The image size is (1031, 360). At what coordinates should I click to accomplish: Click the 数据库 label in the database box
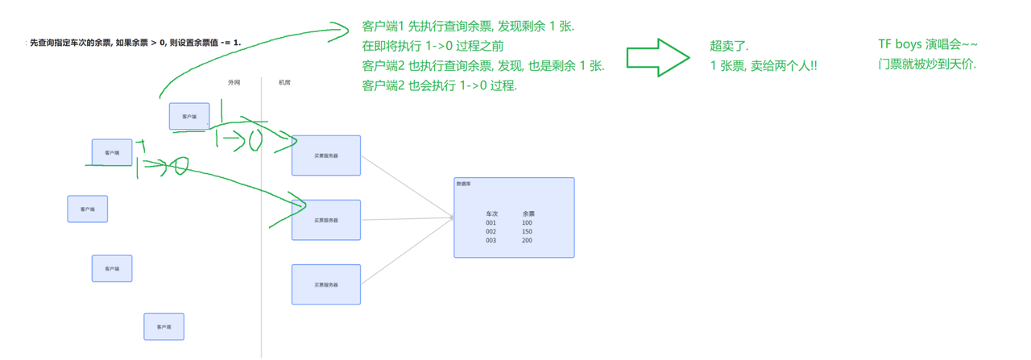coord(464,184)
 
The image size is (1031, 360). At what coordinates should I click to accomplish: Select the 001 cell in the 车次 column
coord(491,223)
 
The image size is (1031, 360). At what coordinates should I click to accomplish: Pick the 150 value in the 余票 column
coord(527,232)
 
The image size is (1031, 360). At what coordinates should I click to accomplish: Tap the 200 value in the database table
coord(527,241)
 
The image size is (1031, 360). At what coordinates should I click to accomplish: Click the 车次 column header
coord(492,214)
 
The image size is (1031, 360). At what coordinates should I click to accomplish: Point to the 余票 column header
coord(528,214)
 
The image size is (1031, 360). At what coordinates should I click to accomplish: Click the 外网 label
coord(234,83)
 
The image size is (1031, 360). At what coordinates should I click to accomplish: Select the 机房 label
coord(284,83)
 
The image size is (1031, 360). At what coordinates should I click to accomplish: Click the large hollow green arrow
coord(657,56)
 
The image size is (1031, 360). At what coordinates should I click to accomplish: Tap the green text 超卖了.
coord(730,47)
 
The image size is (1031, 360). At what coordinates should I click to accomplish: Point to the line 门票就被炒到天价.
coord(927,64)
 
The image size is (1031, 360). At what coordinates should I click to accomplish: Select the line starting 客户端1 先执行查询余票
coord(468,27)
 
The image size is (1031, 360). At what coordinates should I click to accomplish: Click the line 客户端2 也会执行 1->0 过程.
coord(440,85)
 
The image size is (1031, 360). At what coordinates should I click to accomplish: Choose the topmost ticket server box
coord(326,155)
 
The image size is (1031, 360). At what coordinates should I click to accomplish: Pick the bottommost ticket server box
coord(326,284)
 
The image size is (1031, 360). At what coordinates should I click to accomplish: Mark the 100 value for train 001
coord(527,223)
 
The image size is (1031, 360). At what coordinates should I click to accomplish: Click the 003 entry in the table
coord(491,241)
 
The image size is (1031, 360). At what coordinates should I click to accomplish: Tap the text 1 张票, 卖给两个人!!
coord(764,66)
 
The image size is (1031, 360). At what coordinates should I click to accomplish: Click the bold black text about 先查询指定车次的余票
coord(135,42)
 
